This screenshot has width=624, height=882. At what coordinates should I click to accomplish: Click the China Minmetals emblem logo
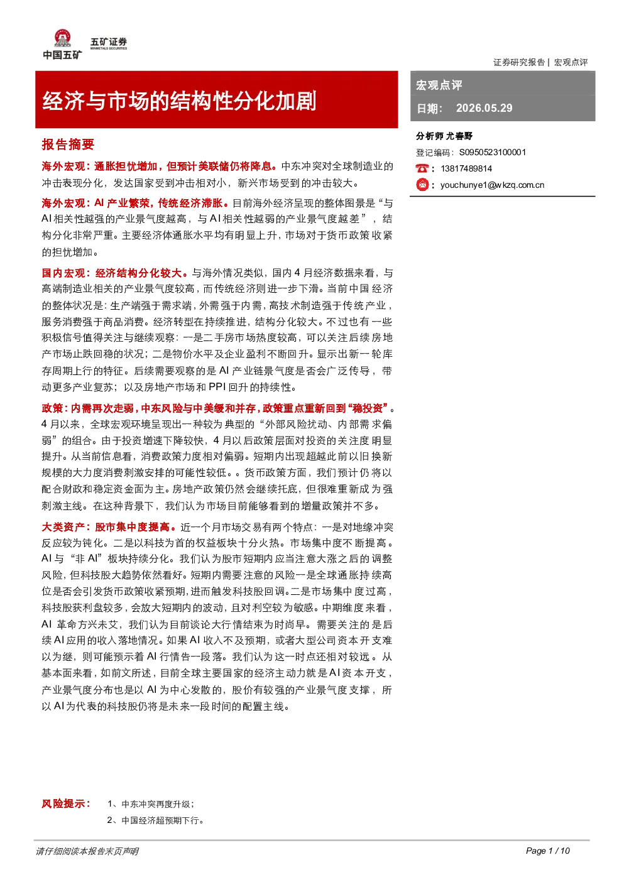[x=62, y=38]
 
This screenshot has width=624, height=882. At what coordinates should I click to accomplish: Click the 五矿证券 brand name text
[x=109, y=41]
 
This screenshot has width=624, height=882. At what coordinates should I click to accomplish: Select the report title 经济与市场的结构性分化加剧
[x=179, y=101]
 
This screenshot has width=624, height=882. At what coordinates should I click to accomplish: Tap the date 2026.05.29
[x=484, y=108]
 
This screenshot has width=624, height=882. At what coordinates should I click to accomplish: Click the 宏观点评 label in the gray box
[x=439, y=85]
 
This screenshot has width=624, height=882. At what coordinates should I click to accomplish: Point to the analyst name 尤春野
[x=459, y=136]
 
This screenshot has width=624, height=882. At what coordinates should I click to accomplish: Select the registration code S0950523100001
[x=493, y=153]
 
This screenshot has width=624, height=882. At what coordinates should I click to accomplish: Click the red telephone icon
[x=422, y=168]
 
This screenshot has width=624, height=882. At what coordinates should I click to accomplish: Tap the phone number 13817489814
[x=466, y=169]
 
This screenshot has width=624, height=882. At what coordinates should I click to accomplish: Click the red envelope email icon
[x=422, y=185]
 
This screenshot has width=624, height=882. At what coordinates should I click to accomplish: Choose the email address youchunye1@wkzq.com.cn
[x=493, y=185]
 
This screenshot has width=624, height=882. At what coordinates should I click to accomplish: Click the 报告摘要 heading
[x=68, y=144]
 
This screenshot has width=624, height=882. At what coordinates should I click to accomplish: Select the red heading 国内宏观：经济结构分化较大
[x=112, y=273]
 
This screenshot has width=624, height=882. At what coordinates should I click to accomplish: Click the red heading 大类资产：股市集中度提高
[x=106, y=527]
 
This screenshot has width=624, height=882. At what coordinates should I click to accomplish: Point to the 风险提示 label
[x=66, y=803]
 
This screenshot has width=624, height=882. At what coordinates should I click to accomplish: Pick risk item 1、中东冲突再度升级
[x=150, y=804]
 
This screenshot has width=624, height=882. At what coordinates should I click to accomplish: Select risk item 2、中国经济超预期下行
[x=155, y=820]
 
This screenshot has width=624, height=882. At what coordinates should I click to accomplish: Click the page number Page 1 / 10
[x=548, y=851]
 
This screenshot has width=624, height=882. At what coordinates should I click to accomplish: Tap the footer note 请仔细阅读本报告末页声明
[x=87, y=851]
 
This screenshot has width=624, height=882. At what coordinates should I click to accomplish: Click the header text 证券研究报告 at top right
[x=519, y=62]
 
